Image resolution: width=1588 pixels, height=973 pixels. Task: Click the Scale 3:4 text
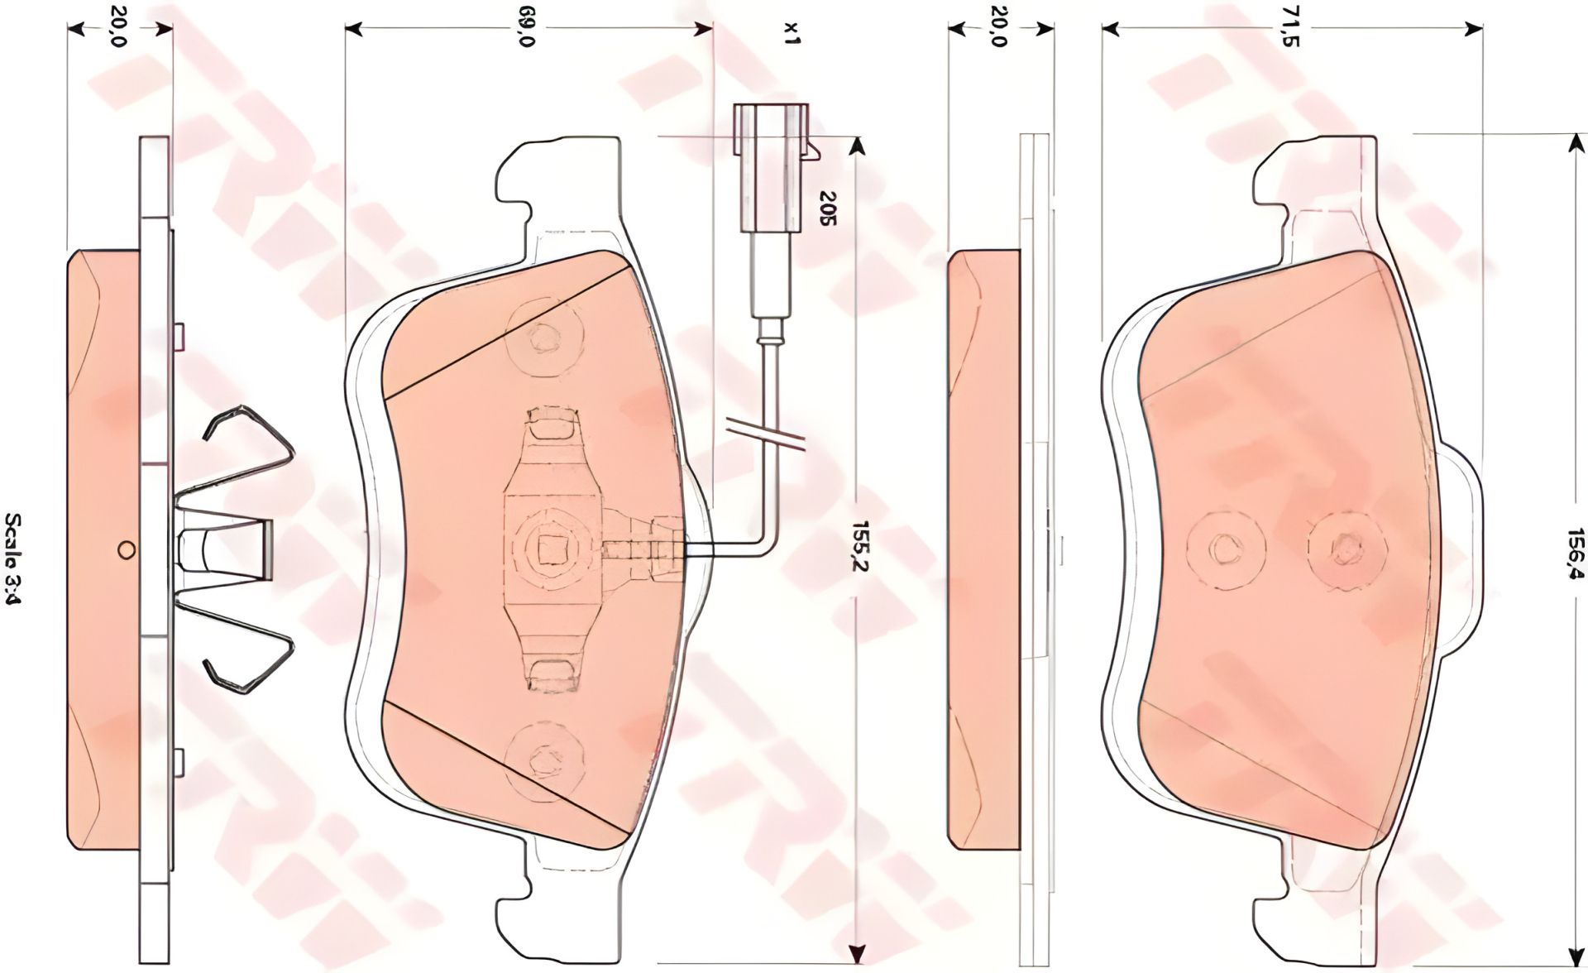click(x=14, y=558)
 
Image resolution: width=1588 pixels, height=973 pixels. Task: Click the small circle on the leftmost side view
click(x=126, y=549)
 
